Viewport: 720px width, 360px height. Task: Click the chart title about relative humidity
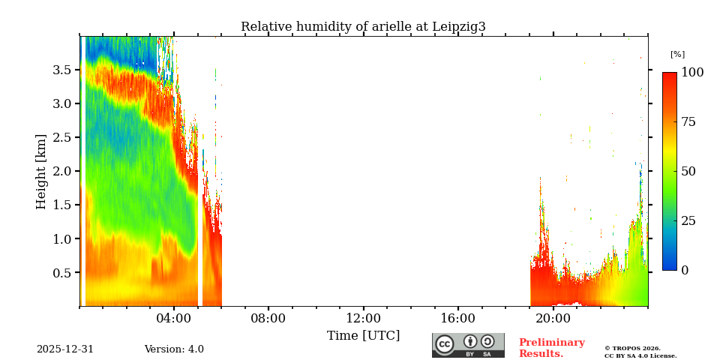pos(363,27)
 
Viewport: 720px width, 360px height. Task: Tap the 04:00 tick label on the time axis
pos(174,318)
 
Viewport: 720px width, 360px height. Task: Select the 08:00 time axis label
pos(268,318)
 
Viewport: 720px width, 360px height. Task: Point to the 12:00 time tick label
pos(364,318)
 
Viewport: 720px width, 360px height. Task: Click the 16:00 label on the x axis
pos(458,318)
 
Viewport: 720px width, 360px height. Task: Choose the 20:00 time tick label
pos(553,318)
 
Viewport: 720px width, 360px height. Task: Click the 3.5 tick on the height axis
pos(61,70)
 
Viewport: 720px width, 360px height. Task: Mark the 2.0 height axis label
pos(61,171)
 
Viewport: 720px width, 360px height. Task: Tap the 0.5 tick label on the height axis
pos(61,273)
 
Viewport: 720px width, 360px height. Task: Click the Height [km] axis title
pos(41,171)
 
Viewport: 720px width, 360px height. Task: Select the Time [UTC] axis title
pos(363,336)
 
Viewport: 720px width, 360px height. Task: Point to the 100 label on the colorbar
pos(692,73)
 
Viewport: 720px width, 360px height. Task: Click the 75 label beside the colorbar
pos(688,122)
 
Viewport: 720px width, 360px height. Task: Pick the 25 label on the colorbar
pos(688,221)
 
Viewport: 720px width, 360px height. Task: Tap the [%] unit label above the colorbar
pos(677,54)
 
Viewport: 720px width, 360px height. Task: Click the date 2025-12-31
pos(65,349)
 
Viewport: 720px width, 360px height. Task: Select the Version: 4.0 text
pos(174,349)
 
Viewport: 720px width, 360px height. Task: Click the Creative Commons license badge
pos(468,345)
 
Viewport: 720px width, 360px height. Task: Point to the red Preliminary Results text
pos(551,348)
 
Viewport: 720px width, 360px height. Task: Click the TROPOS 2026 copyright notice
pos(640,352)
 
